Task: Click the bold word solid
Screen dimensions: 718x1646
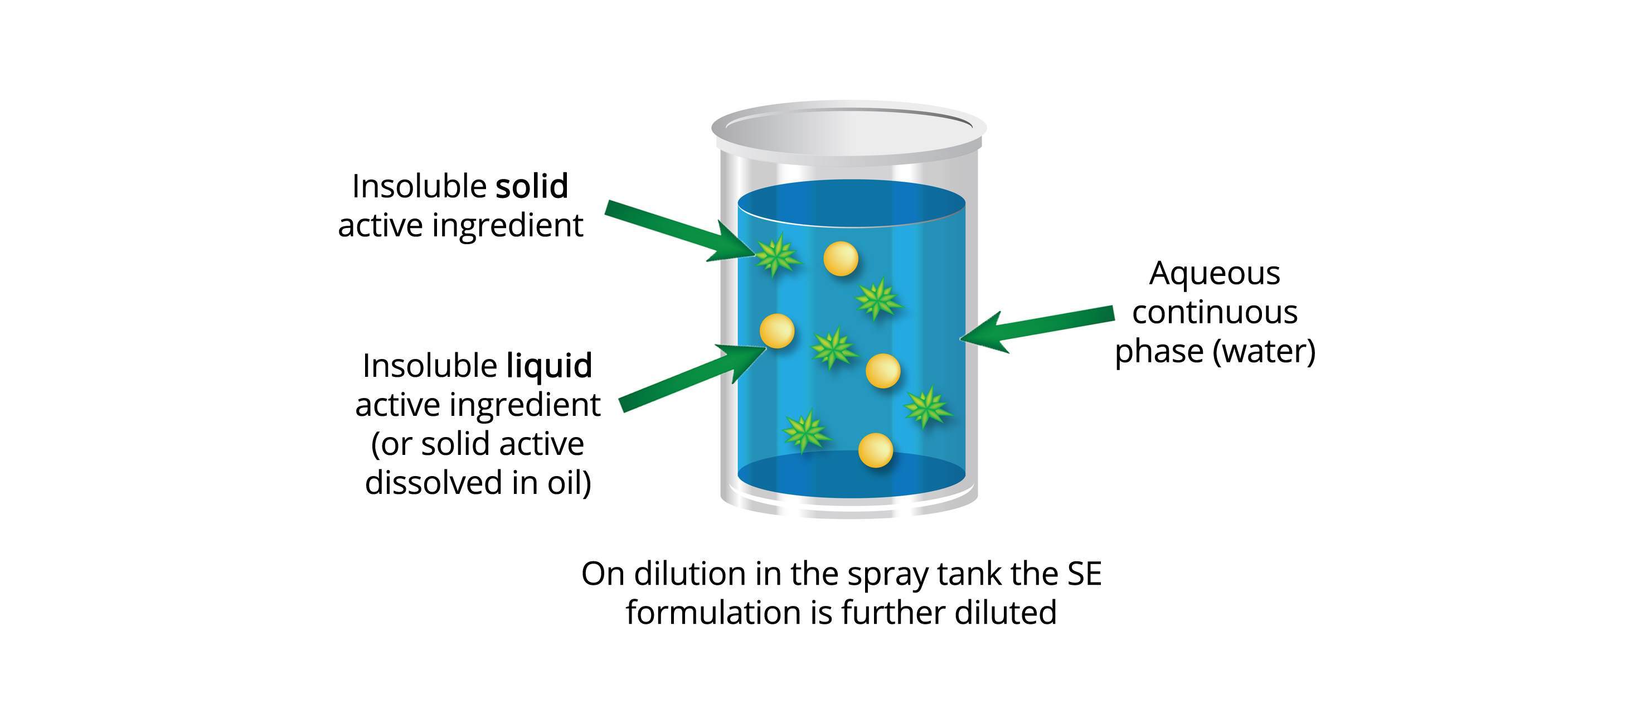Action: pos(532,187)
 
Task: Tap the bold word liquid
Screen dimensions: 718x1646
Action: pos(549,366)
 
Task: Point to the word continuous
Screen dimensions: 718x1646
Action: pos(1214,313)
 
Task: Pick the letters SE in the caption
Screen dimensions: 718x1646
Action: pos(1084,574)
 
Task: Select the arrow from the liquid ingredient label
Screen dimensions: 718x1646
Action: pos(690,377)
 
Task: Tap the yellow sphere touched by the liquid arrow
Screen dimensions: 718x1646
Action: pos(777,331)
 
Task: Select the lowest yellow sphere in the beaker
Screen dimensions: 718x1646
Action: pos(875,450)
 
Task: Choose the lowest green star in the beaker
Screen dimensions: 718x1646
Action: pos(807,433)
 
